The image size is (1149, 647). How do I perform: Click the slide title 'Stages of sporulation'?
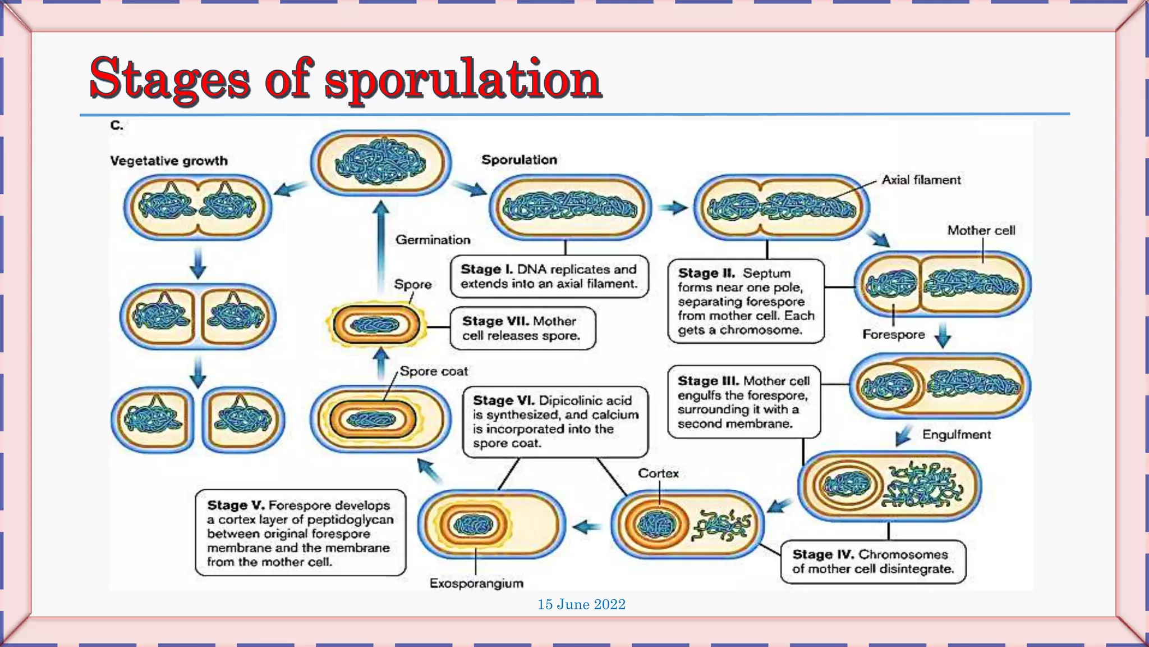(x=345, y=79)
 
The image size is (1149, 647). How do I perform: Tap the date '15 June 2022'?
(x=581, y=604)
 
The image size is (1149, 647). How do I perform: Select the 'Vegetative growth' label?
(x=169, y=161)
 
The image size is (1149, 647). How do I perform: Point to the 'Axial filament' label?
(x=921, y=180)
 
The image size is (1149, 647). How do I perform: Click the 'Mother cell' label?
(x=981, y=230)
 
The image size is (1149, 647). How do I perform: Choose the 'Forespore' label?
(x=893, y=335)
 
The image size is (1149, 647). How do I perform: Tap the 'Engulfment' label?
(x=956, y=435)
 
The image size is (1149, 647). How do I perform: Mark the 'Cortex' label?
(x=658, y=473)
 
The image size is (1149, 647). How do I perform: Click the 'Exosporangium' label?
(x=476, y=584)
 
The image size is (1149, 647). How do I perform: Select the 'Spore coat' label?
(x=434, y=372)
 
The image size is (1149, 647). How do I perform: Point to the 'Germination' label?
(x=433, y=240)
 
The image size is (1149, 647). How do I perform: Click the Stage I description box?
(x=549, y=277)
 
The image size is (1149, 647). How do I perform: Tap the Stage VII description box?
(x=522, y=329)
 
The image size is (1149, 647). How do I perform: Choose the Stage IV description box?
(x=872, y=562)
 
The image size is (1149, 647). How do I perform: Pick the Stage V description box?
(x=300, y=533)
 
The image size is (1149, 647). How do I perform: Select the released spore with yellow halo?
(x=375, y=325)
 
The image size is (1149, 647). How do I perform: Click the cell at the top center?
(x=380, y=163)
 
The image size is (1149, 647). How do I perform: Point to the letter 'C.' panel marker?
(x=116, y=125)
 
